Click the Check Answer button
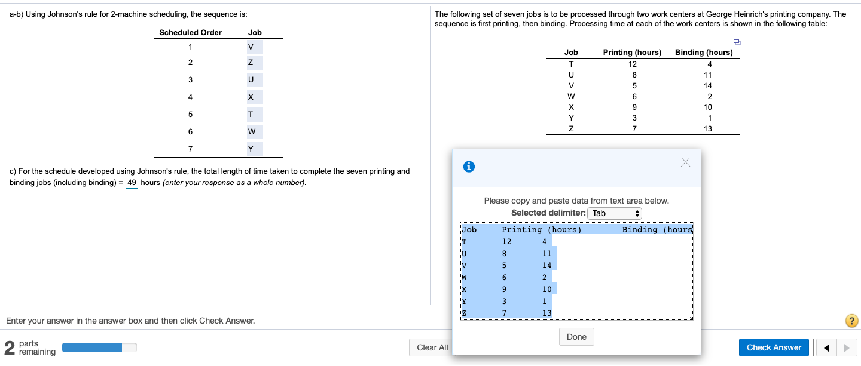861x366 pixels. click(774, 347)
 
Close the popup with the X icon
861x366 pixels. click(685, 163)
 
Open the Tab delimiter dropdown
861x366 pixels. click(615, 213)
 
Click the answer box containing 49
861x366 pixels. click(132, 182)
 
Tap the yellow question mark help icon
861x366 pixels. click(852, 321)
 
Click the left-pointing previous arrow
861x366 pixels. click(826, 347)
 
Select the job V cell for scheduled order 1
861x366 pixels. click(251, 47)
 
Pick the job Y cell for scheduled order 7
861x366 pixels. click(251, 149)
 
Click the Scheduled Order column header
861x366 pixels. click(190, 33)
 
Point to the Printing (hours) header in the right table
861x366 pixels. click(632, 53)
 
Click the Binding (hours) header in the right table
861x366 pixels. click(704, 53)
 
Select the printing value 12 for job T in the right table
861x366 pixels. click(632, 64)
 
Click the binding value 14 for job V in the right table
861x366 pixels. click(709, 85)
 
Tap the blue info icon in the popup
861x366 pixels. click(469, 168)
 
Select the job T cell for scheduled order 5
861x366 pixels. click(251, 115)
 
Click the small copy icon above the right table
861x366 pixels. click(737, 41)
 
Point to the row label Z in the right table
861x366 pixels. click(571, 128)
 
